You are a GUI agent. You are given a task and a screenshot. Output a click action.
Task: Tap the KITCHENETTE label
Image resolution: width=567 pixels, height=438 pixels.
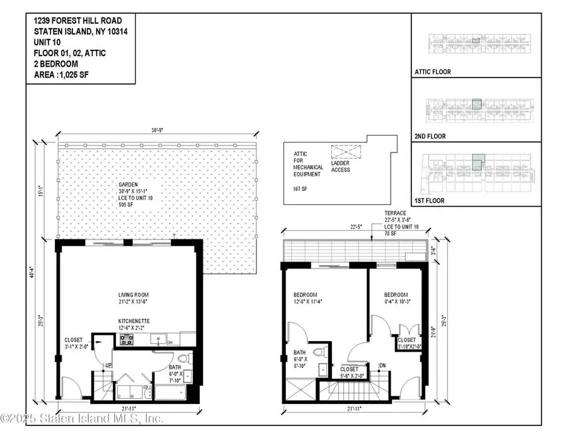pyautogui.click(x=134, y=321)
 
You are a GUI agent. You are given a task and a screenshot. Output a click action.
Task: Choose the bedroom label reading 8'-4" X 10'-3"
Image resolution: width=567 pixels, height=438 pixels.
pyautogui.click(x=396, y=295)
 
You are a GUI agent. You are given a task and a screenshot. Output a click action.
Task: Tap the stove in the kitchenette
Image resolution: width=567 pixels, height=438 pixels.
pyautogui.click(x=126, y=340)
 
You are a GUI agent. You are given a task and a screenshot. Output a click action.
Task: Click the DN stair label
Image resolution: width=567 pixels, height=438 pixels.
pyautogui.click(x=382, y=365)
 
